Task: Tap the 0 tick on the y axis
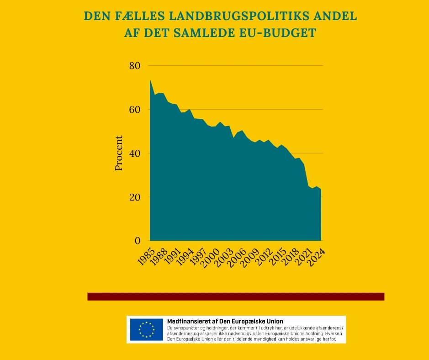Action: pos(137,241)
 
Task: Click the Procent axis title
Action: pos(119,153)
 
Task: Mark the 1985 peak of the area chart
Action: pos(150,81)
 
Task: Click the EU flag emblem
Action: pos(146,329)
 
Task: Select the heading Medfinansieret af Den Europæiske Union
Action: pos(225,321)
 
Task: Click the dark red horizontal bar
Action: pos(236,296)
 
